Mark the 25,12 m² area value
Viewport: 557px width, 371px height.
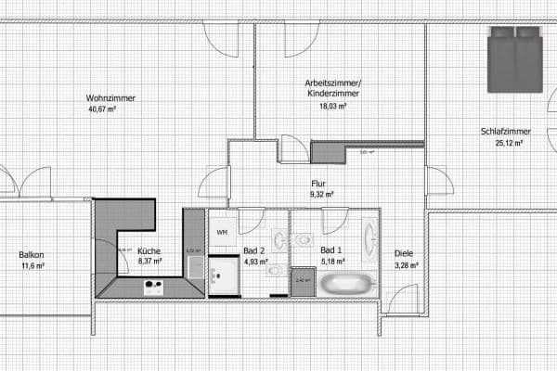(508, 144)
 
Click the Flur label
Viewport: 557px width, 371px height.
(319, 184)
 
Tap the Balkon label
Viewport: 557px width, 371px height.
(31, 255)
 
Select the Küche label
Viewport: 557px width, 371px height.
(149, 251)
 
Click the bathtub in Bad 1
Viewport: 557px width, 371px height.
(346, 284)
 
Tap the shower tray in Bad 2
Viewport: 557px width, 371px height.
(224, 277)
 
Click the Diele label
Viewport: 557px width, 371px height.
(404, 254)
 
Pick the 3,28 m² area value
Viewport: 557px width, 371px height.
(407, 266)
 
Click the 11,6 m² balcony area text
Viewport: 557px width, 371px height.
(32, 266)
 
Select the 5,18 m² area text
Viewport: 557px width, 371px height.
(331, 262)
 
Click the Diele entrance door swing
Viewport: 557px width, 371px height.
(401, 299)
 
